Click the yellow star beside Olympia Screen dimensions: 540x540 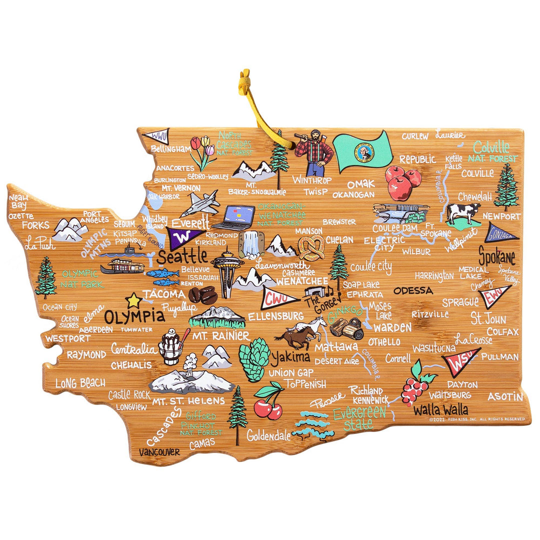pyautogui.click(x=134, y=300)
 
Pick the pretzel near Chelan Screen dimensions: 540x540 pyautogui.click(x=311, y=247)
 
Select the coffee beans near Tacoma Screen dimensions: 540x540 pyautogui.click(x=202, y=295)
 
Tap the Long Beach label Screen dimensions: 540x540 pyautogui.click(x=80, y=383)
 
